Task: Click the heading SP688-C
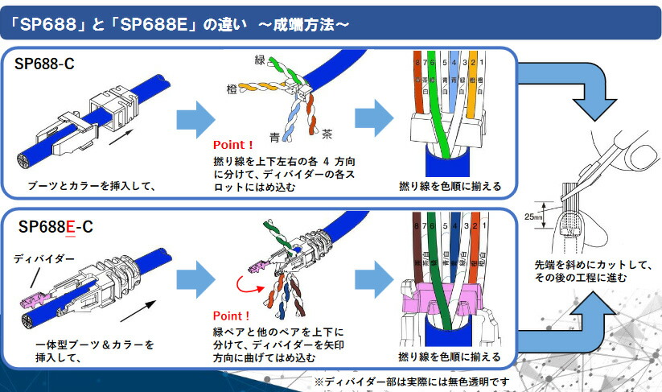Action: pos(45,64)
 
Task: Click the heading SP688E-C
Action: pos(56,227)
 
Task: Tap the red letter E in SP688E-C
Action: pos(70,227)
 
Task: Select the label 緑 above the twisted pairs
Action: pos(259,60)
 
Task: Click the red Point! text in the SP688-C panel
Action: pos(232,146)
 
